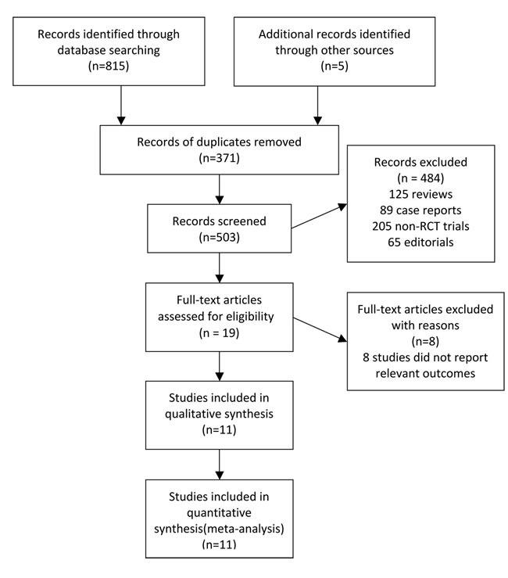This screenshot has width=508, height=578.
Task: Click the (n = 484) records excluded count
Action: tap(423, 182)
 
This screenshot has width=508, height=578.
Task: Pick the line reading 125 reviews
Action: tap(423, 199)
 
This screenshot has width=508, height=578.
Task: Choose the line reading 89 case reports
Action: tap(423, 217)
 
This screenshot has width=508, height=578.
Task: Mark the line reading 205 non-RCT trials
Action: tap(423, 234)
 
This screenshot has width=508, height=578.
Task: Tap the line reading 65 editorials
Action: tap(423, 251)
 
